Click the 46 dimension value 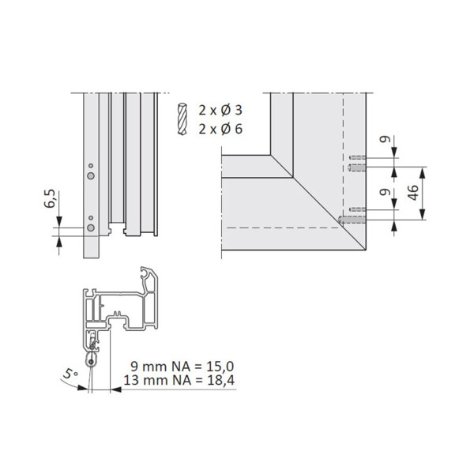[x=412, y=192]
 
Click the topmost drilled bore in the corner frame [x=356, y=158]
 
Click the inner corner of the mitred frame [x=271, y=156]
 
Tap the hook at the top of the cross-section [x=149, y=275]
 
